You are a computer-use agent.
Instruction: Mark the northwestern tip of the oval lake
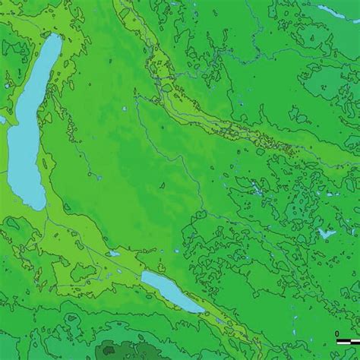[144, 274]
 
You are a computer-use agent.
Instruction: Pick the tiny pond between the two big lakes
[113, 254]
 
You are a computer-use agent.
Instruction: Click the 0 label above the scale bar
[337, 333]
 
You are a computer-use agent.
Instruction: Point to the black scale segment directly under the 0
[338, 341]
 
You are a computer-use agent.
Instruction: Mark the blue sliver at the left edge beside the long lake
[2, 119]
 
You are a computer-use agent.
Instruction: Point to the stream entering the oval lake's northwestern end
[139, 270]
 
